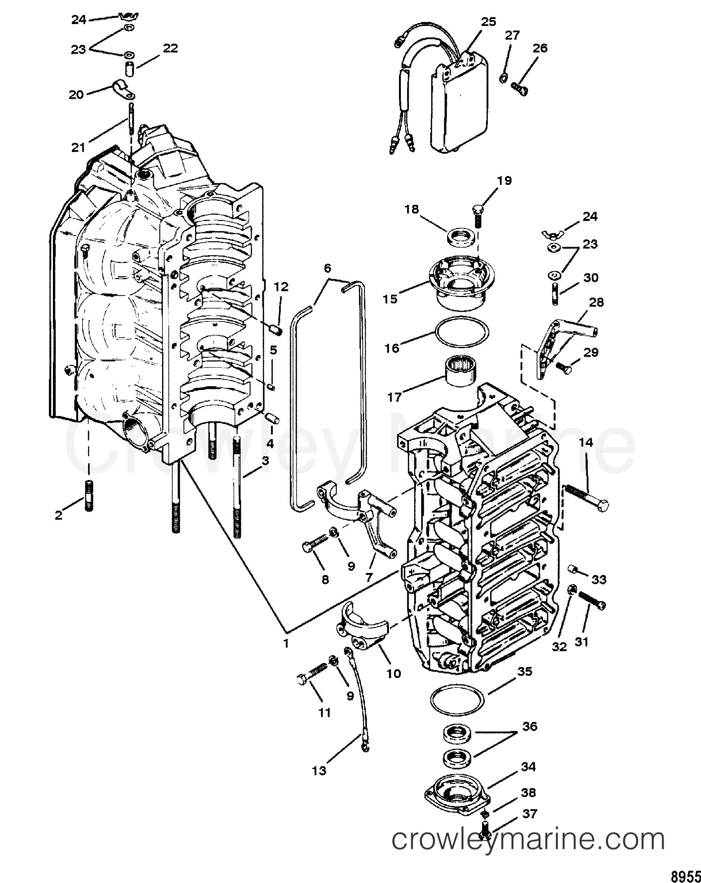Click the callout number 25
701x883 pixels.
(x=488, y=22)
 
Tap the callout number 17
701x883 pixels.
(x=395, y=397)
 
